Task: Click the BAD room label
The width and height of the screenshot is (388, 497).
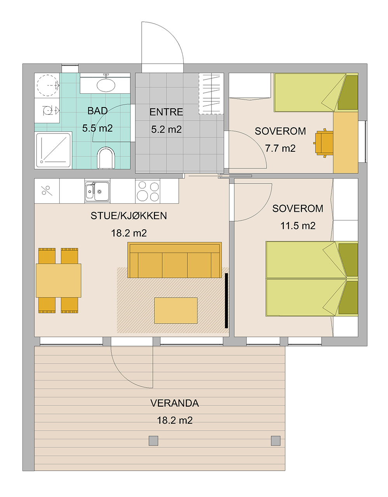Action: coord(97,111)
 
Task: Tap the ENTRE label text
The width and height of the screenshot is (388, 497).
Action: coord(166,112)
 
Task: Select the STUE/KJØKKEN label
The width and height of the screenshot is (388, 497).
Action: coord(129,216)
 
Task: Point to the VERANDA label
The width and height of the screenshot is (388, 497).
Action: coord(175,403)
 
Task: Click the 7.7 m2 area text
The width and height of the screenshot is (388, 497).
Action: coord(280,149)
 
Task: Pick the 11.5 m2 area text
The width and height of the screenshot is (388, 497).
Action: coord(298,226)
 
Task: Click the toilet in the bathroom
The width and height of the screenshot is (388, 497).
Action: coord(106,158)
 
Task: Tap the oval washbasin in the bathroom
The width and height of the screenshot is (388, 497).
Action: coord(106,85)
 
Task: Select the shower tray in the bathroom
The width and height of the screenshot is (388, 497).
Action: coord(53,150)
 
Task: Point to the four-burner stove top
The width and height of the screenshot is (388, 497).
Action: coord(148,191)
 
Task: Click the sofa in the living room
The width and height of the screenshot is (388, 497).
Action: coord(175,260)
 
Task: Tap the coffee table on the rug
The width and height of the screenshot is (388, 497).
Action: coord(176,310)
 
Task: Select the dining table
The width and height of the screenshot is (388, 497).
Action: coord(59,281)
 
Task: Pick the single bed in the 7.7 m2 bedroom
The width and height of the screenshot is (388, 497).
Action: coord(316,92)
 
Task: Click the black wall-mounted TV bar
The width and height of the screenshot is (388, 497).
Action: coord(226,301)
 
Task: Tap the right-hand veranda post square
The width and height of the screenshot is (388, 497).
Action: coord(275,440)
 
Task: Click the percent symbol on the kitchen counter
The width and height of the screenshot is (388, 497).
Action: coord(47,191)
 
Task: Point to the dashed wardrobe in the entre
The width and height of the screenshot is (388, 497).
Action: coord(211,94)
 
